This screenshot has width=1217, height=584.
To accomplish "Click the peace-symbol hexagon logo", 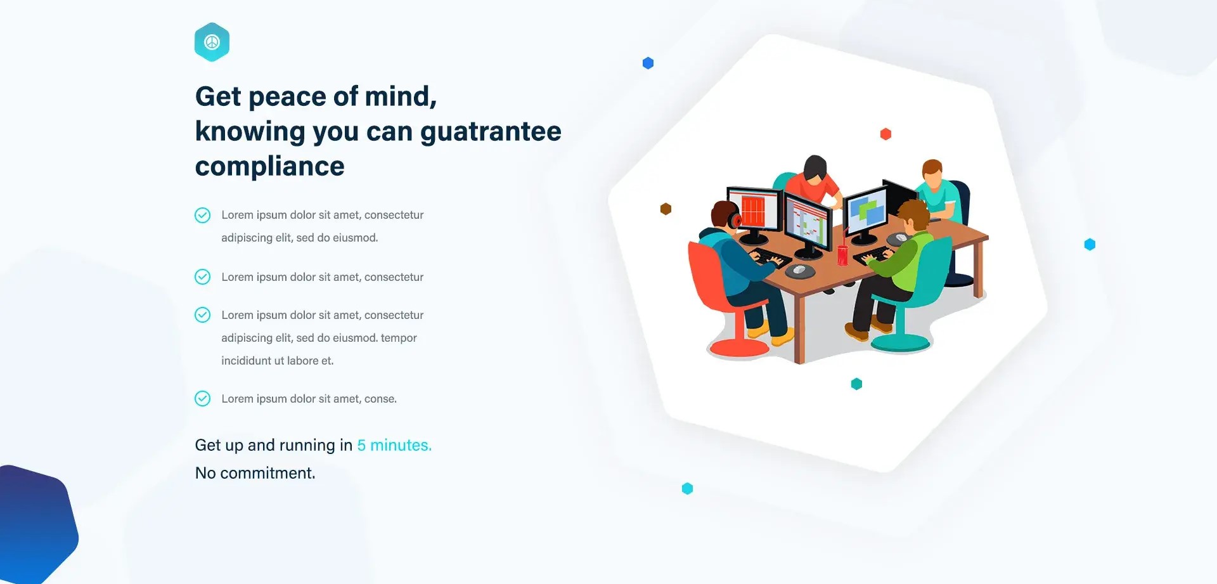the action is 212,42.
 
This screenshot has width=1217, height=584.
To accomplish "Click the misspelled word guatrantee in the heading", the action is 491,132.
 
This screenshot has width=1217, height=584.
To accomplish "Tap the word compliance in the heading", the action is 270,166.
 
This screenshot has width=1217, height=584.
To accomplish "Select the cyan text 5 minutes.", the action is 394,445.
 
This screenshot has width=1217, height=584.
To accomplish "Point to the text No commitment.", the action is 255,473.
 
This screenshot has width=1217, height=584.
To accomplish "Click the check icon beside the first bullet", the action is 202,215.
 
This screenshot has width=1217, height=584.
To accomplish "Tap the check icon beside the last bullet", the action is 202,398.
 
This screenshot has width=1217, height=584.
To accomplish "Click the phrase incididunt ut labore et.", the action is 277,361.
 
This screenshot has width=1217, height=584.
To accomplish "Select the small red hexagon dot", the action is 886,134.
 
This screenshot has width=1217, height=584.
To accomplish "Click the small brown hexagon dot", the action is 666,209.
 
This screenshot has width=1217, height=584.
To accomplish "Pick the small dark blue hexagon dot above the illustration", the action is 648,63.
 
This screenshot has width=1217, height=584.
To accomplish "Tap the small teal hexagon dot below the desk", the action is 856,384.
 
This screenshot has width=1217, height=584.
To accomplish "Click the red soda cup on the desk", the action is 842,254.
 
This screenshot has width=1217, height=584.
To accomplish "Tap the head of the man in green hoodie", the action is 913,216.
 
